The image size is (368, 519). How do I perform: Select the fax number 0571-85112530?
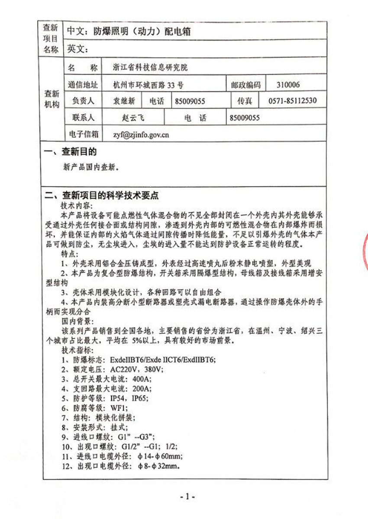pyautogui.click(x=293, y=101)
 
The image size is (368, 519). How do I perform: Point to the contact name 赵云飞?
pyautogui.click(x=133, y=118)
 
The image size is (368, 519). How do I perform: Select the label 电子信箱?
pyautogui.click(x=83, y=134)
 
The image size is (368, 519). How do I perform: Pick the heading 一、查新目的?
pyautogui.click(x=71, y=152)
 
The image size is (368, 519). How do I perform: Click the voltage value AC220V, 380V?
pyautogui.click(x=137, y=369)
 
